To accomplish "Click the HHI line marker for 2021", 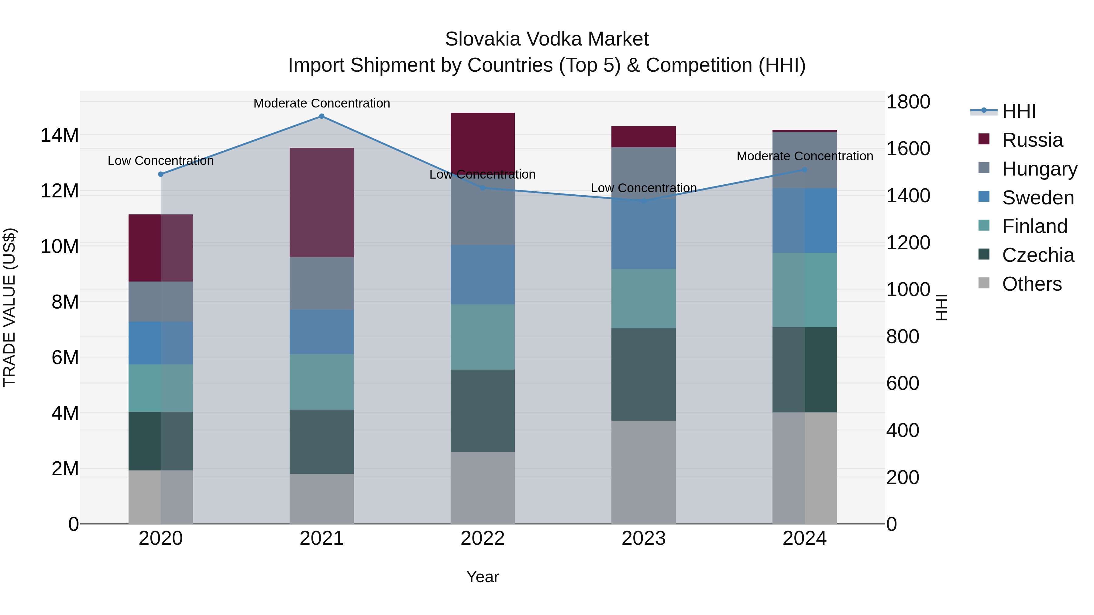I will tap(322, 116).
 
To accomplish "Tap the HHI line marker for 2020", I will tap(160, 174).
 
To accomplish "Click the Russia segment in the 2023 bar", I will tap(643, 137).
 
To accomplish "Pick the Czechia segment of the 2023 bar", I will tap(643, 374).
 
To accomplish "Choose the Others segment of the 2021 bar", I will tap(322, 498).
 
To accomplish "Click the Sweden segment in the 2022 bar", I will tap(483, 275).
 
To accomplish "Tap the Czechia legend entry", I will tap(1037, 255).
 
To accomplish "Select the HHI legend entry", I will tap(1018, 111).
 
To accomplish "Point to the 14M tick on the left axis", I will tap(60, 135).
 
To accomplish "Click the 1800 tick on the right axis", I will tap(908, 102).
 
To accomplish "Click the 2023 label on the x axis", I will tap(643, 538).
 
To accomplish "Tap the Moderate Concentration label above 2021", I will tap(322, 103).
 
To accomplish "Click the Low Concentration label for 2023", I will tap(643, 188).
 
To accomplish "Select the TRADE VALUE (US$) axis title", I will tap(10, 307).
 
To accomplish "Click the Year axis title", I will tap(483, 577).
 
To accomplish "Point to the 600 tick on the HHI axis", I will tap(903, 383).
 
